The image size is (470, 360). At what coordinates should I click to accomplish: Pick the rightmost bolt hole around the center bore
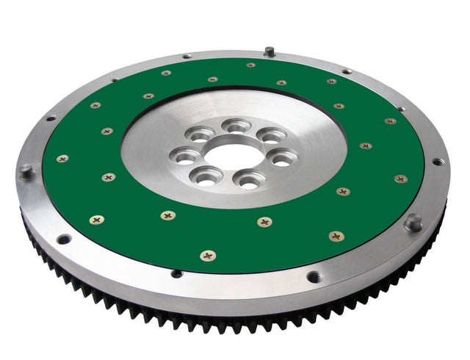click(x=281, y=157)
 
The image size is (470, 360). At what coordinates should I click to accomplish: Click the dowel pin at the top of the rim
click(x=270, y=51)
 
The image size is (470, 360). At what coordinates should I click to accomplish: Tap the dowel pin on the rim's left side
click(x=26, y=171)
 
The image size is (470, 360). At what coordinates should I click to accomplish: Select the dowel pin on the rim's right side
click(x=413, y=221)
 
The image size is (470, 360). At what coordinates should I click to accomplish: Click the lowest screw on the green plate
click(x=208, y=256)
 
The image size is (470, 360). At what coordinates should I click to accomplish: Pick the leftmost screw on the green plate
click(x=62, y=159)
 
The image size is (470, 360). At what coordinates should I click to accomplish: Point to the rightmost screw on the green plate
click(x=400, y=179)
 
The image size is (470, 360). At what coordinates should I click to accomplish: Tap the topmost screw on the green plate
click(x=250, y=65)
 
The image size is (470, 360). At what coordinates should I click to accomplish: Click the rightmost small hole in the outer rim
click(x=437, y=162)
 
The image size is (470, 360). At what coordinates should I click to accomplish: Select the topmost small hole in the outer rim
click(x=187, y=56)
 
